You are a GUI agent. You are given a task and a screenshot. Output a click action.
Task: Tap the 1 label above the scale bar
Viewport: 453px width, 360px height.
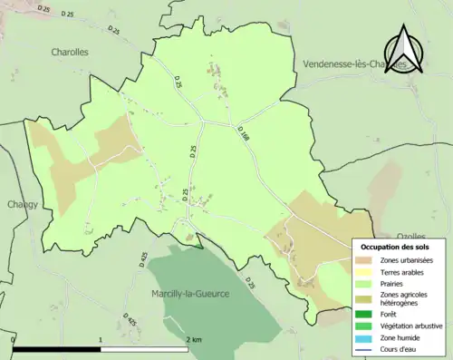100,338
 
